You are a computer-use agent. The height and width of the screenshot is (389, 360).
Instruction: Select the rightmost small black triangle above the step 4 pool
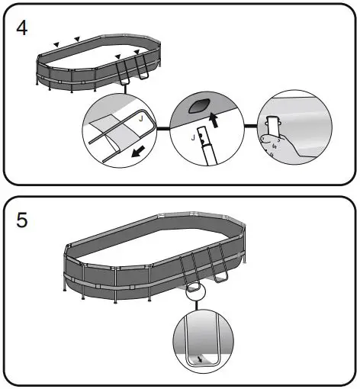(137, 51)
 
